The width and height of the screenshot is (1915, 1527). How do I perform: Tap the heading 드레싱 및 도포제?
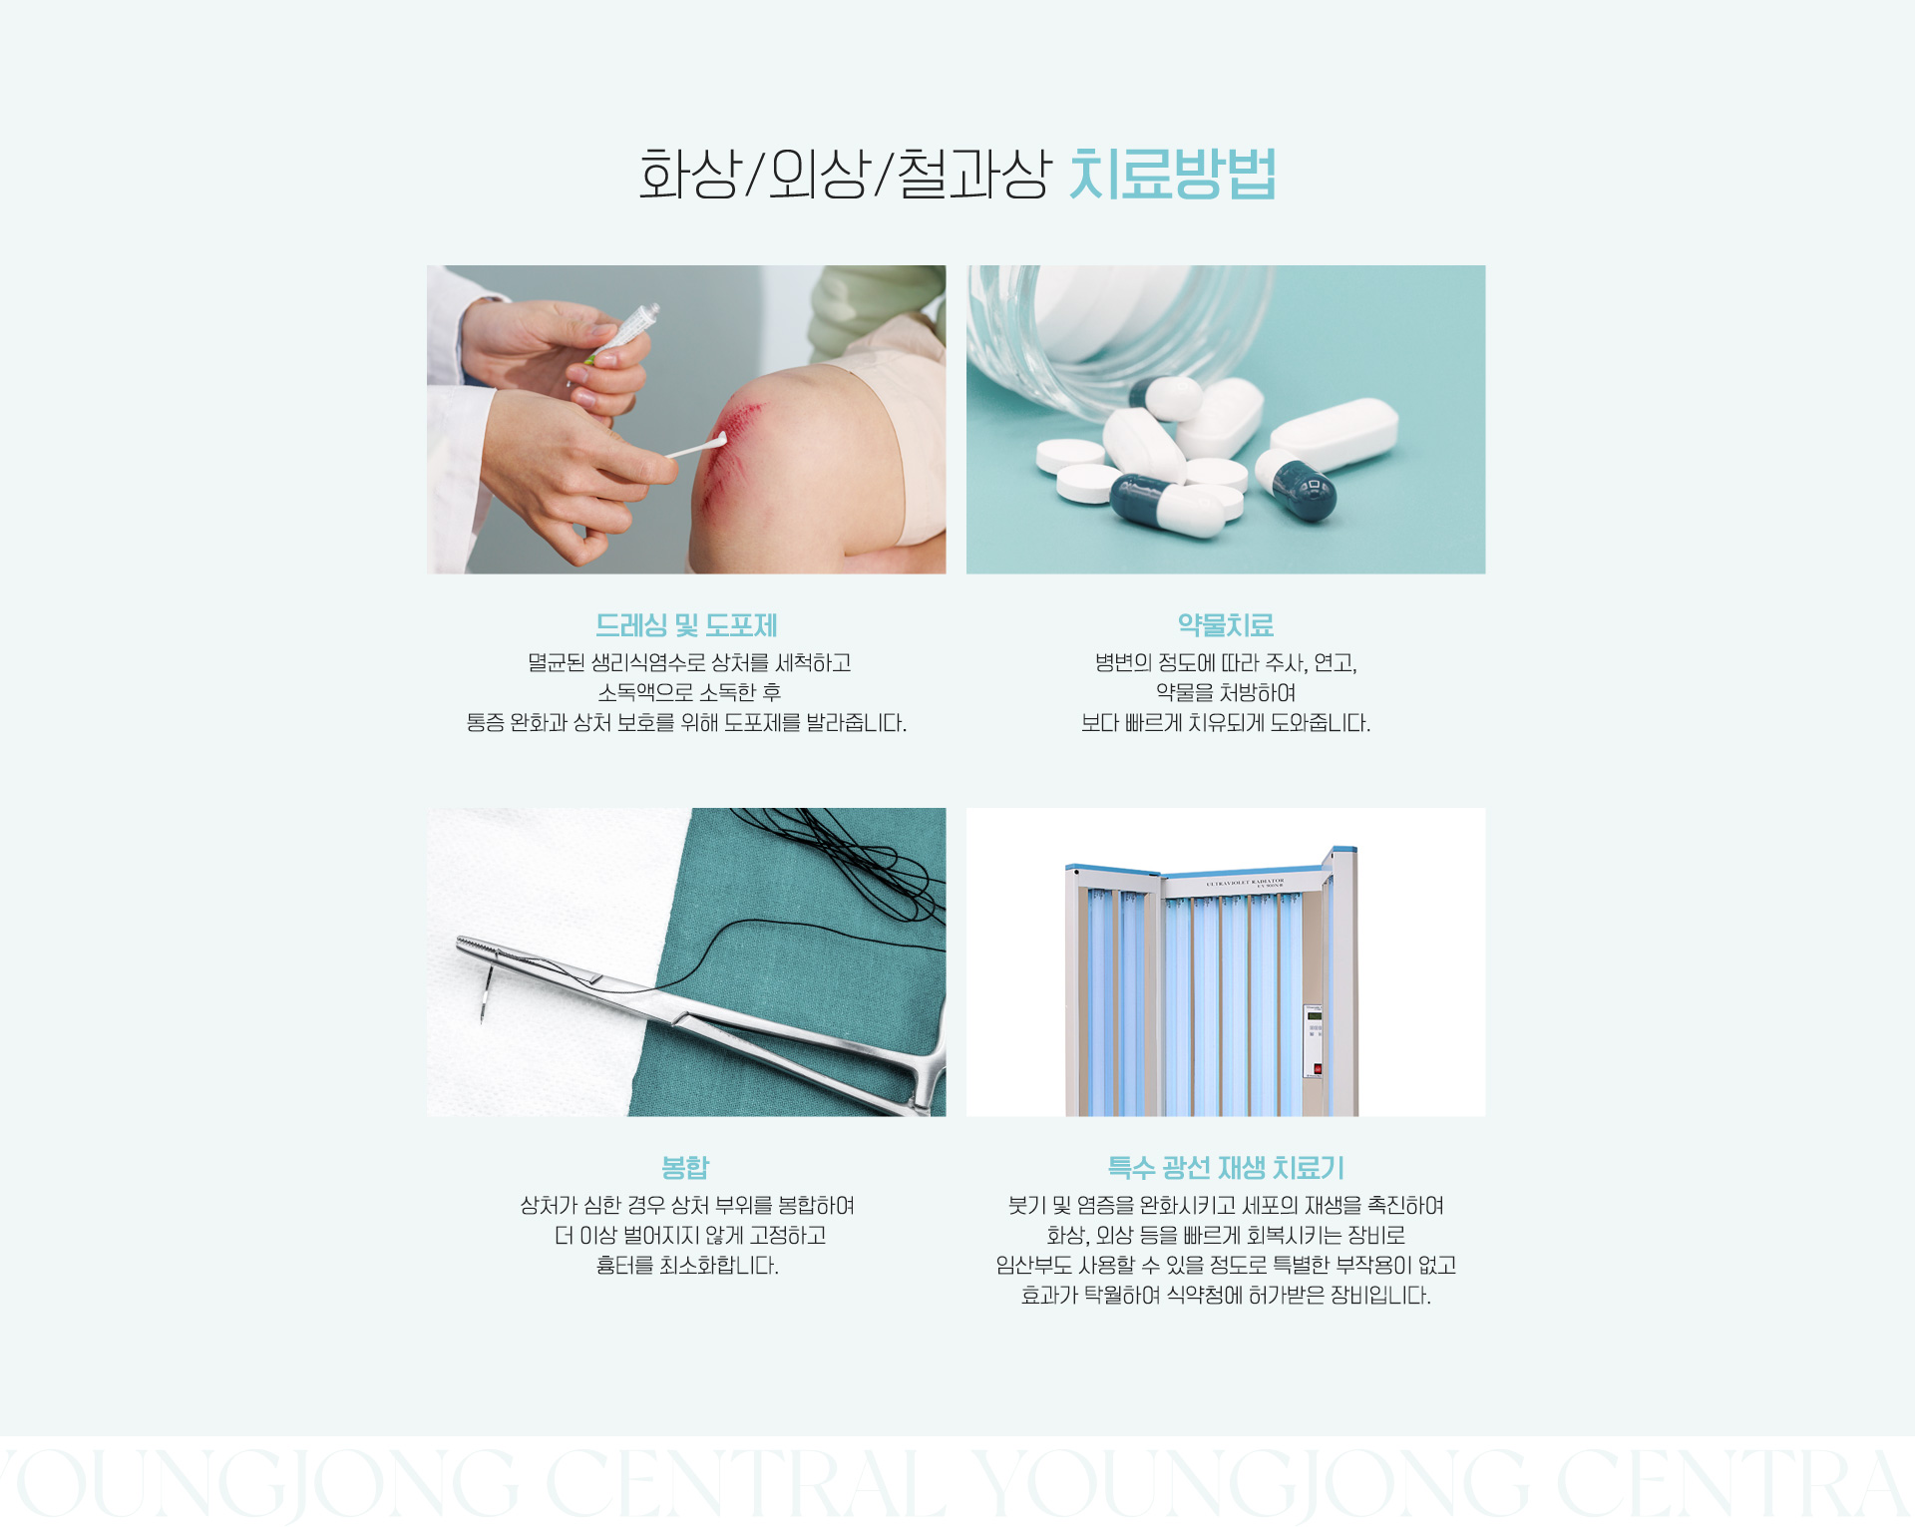(x=686, y=625)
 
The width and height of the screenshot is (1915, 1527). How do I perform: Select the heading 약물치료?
(x=1226, y=625)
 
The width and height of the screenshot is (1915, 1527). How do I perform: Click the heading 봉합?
(x=685, y=1167)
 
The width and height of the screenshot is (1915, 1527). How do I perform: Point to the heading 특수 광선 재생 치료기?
(x=1226, y=1167)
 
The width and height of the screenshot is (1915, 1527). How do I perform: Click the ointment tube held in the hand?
(x=623, y=329)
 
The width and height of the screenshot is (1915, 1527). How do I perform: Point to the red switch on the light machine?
(x=1318, y=1069)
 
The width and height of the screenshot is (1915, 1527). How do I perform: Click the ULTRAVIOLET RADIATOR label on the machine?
(x=1246, y=882)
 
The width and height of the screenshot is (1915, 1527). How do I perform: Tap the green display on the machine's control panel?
(x=1315, y=1016)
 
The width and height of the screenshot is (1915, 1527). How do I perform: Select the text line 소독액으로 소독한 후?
(x=689, y=692)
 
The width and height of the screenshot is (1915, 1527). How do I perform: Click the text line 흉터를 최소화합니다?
(x=687, y=1265)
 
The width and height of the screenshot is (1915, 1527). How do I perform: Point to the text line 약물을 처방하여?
(x=1226, y=692)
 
